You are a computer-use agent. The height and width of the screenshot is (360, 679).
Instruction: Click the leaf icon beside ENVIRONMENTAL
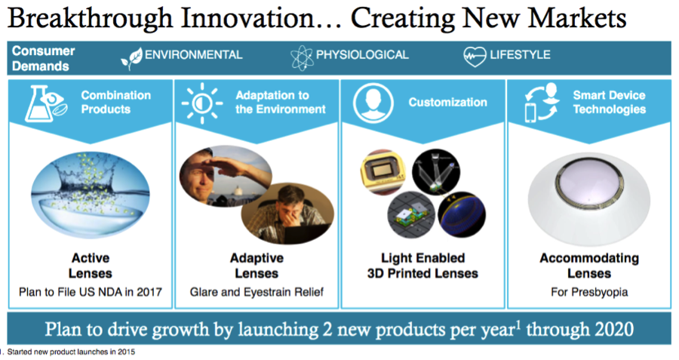click(x=131, y=58)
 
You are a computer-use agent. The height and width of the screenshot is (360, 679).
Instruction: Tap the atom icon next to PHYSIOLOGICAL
click(x=301, y=57)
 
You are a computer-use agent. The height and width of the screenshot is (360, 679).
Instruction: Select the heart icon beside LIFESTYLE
click(x=475, y=57)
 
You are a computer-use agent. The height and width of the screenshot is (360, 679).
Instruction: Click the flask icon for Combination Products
click(x=45, y=103)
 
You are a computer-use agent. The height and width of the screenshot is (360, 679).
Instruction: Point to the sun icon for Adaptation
click(x=201, y=103)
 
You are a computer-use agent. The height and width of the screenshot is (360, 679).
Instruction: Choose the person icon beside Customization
click(x=373, y=103)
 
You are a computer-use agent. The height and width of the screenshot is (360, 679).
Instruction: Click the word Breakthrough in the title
click(x=89, y=19)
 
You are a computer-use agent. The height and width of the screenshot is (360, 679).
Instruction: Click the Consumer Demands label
click(x=43, y=58)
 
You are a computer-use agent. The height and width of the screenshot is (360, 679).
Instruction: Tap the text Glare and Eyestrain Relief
click(x=257, y=292)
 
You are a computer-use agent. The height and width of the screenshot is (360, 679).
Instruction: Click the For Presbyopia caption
click(x=589, y=292)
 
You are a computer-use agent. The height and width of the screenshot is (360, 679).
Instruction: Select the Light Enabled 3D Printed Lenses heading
click(x=422, y=266)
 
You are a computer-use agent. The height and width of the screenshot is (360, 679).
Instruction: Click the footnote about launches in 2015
click(x=69, y=352)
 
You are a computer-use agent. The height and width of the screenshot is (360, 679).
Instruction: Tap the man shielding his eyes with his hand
click(x=225, y=176)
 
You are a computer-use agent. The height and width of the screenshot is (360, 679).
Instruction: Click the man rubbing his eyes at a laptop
click(x=287, y=213)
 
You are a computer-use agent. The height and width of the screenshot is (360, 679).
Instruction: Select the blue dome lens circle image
click(x=462, y=215)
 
